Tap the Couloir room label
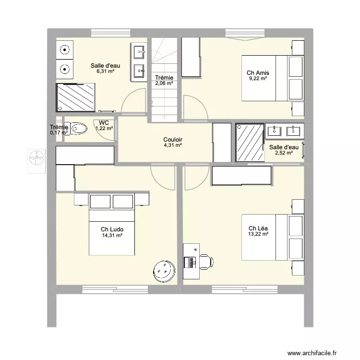pyautogui.click(x=172, y=140)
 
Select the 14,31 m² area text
pyautogui.click(x=112, y=236)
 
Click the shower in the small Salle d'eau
pyautogui.click(x=250, y=142)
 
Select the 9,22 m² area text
pyautogui.click(x=257, y=79)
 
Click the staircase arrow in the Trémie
pyautogui.click(x=165, y=115)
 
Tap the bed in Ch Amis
pyautogui.click(x=272, y=78)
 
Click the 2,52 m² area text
pyautogui.click(x=283, y=154)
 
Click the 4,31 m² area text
pyautogui.click(x=172, y=145)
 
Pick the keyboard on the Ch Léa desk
pyautogui.click(x=192, y=263)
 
